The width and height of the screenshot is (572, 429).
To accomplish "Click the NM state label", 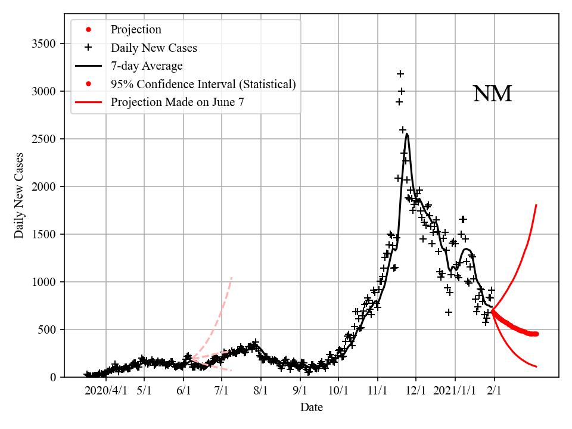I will coord(492,94).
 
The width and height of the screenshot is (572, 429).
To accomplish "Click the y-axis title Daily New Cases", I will coord(19,195).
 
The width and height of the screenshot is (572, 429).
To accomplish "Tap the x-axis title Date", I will coord(312,408).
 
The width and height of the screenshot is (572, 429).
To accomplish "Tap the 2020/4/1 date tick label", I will coord(105,391).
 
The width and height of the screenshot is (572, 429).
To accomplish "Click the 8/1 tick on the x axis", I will coord(261,391).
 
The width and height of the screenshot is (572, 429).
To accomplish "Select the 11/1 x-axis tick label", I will coord(377,391).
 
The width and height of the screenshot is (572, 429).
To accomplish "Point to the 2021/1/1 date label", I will coord(455,391).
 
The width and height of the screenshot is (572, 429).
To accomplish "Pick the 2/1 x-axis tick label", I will coord(494,391).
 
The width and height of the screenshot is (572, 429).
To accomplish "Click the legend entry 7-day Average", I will coord(147,66).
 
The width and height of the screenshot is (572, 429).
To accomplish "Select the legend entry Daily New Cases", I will coord(154,48).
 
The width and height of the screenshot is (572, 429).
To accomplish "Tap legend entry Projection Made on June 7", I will coord(177,102).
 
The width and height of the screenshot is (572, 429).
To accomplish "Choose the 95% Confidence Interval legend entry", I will coord(203,84).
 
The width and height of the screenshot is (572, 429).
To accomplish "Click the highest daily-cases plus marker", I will coord(400,74).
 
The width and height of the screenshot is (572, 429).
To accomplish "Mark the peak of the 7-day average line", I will coord(407,134).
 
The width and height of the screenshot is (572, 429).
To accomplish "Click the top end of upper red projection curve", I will coord(537,205).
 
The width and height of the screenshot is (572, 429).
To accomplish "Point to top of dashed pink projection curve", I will coord(232,277).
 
